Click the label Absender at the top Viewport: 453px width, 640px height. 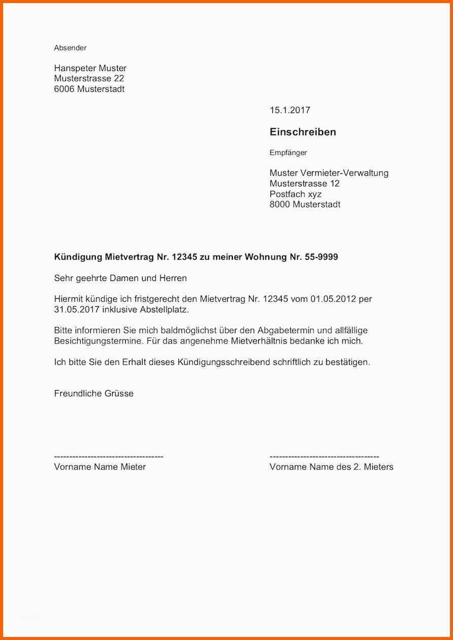coord(70,48)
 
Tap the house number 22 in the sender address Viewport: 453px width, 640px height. coord(119,79)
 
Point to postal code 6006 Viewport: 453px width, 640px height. coord(64,89)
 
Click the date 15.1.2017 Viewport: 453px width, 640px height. coord(290,110)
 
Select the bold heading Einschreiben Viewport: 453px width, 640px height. coord(303,132)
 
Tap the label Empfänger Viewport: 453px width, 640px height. coord(288,153)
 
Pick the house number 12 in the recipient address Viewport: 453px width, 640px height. coord(334,184)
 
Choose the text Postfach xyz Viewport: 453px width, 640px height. coord(295,194)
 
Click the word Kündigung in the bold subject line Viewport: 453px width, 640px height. coord(78,257)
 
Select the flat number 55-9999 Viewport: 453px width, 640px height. coord(322,257)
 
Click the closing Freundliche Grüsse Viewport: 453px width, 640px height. coord(94,394)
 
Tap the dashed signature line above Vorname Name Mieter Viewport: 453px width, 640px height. coord(109,457)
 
